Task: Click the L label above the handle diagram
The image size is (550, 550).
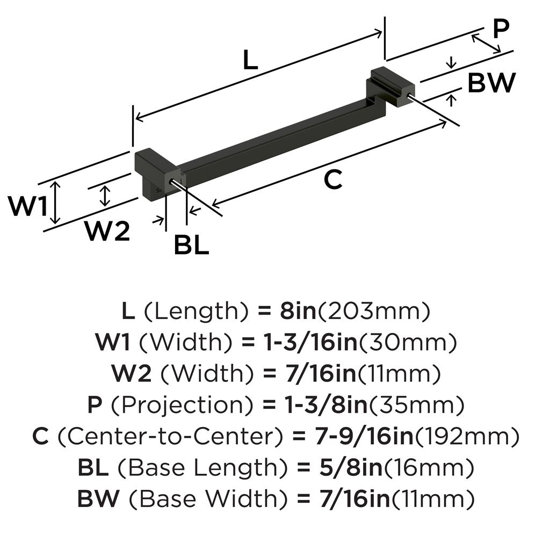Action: (x=250, y=60)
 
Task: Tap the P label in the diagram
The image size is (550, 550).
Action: (x=500, y=29)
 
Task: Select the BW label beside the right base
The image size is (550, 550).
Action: (x=491, y=83)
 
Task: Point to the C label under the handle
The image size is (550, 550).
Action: (x=333, y=180)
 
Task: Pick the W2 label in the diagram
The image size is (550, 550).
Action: (x=107, y=232)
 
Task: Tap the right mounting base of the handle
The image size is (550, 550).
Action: (x=389, y=86)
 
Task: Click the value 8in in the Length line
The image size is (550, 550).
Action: (x=296, y=311)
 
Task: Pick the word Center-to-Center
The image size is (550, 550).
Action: (x=170, y=437)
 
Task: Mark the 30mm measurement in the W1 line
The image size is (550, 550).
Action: (x=407, y=342)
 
